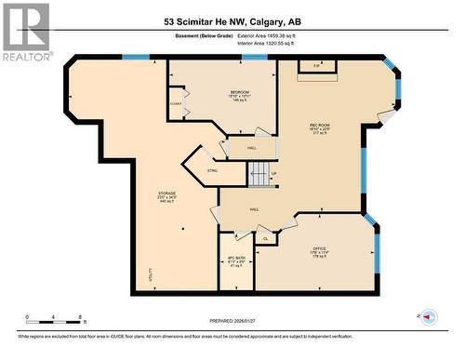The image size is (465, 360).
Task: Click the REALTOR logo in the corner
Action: (25, 31)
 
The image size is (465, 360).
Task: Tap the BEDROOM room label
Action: (239, 94)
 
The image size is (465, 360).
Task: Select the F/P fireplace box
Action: (315, 66)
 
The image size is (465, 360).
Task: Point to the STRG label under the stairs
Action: (212, 171)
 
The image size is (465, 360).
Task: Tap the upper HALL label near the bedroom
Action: (252, 148)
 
